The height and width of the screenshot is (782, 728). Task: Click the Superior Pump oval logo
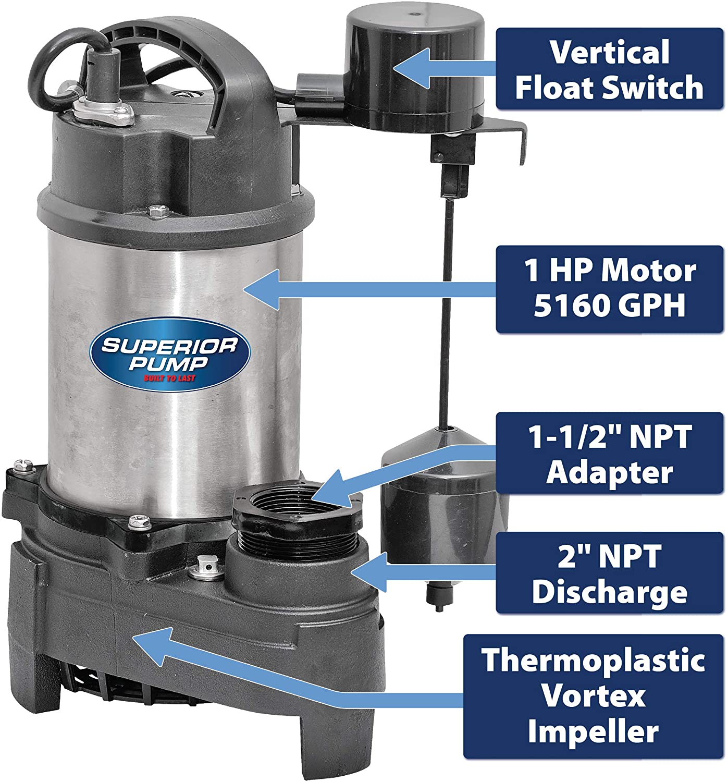pyautogui.click(x=170, y=355)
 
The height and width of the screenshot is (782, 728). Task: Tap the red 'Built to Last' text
pyautogui.click(x=169, y=378)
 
